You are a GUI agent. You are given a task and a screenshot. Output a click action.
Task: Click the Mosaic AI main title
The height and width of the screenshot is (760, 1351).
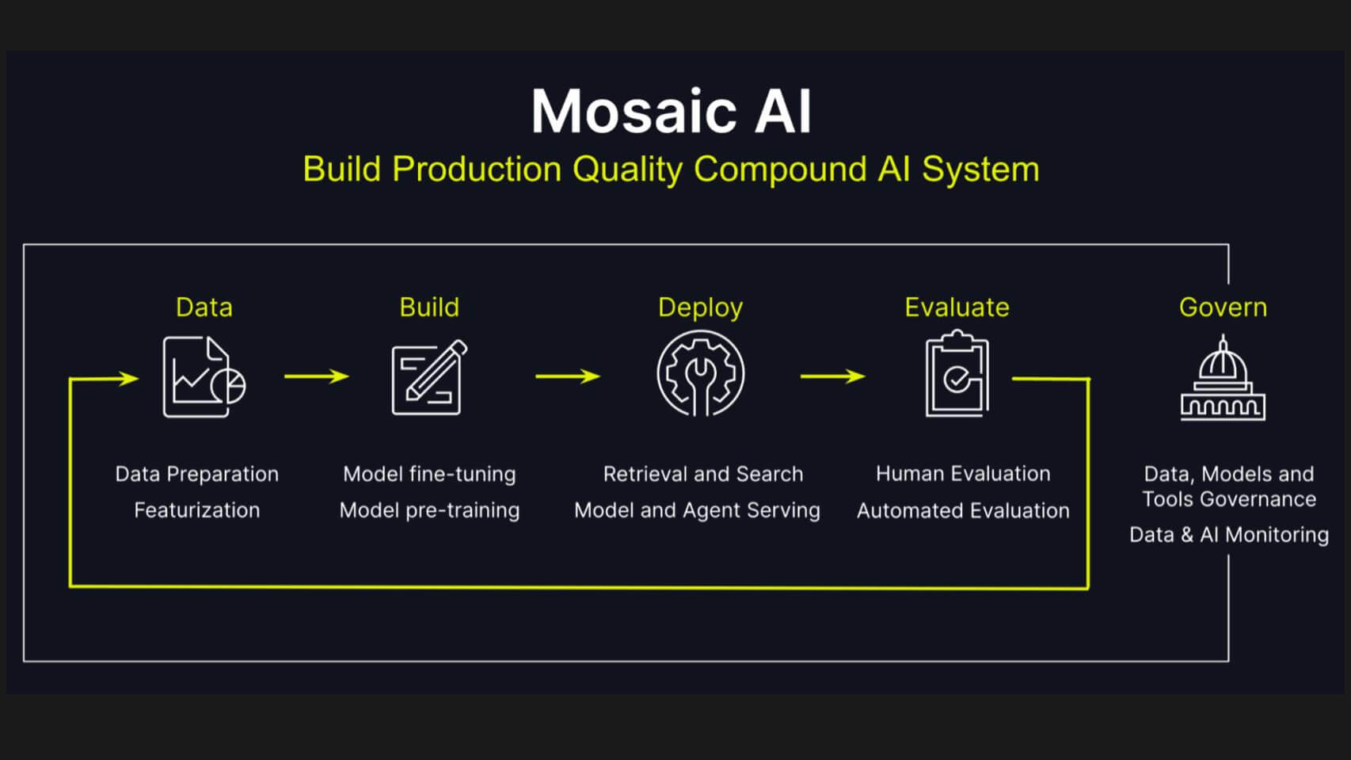click(672, 112)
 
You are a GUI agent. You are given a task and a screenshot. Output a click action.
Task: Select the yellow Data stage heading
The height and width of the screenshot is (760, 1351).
click(204, 307)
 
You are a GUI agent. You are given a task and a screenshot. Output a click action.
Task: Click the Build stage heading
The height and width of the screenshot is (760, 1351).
click(429, 307)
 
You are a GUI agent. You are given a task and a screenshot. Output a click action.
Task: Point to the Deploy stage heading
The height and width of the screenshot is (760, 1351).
click(700, 308)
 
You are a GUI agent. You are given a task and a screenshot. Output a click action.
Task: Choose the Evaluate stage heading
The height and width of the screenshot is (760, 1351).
click(957, 307)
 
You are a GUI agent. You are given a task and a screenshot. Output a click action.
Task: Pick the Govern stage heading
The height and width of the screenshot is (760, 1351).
click(1224, 307)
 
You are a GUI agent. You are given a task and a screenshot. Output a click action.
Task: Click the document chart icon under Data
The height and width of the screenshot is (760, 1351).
click(204, 376)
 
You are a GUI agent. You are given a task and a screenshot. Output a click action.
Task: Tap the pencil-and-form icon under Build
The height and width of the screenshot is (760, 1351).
click(429, 376)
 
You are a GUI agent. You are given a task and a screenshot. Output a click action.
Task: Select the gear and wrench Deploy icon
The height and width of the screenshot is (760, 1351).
click(700, 374)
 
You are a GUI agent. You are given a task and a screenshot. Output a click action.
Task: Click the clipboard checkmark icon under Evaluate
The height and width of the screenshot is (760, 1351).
click(957, 374)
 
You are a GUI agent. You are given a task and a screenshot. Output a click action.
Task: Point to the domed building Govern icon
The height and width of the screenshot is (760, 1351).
click(1224, 378)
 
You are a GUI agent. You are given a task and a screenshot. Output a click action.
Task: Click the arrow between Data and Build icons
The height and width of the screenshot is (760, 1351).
click(317, 376)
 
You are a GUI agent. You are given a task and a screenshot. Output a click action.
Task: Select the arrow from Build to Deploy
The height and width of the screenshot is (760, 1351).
click(568, 376)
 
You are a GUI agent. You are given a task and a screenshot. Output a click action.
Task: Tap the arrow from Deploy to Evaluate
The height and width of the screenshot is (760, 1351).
click(833, 376)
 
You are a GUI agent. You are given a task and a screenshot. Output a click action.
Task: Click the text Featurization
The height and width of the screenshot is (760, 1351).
click(197, 510)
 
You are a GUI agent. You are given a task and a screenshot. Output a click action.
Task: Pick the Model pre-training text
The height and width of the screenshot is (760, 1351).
click(429, 510)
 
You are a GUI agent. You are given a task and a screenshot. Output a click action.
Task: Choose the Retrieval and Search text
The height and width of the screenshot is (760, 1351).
click(703, 475)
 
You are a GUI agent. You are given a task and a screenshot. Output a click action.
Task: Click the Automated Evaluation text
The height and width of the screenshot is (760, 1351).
click(963, 510)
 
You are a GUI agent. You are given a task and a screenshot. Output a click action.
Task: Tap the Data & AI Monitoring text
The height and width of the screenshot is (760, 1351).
click(1229, 535)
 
